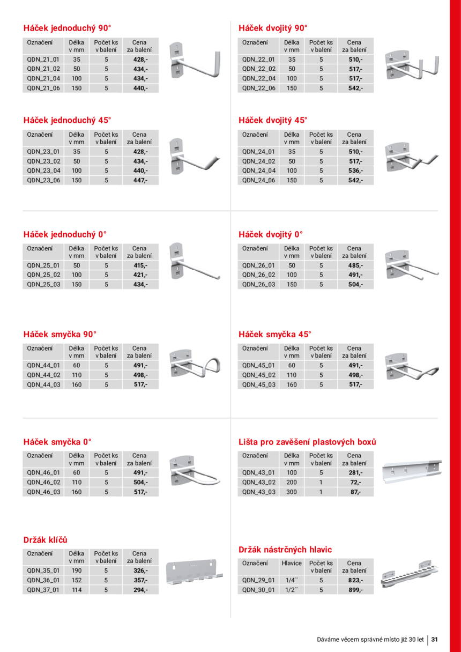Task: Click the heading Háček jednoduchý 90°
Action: tap(68, 28)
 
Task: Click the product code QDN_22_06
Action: tap(259, 88)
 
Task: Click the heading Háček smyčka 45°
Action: tap(274, 334)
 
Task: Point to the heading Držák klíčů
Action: tap(46, 540)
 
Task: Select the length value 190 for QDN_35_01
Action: tap(77, 570)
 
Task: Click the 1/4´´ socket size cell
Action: tap(292, 580)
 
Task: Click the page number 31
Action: tap(435, 639)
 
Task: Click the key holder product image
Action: tap(194, 572)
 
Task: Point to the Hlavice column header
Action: tap(292, 563)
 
